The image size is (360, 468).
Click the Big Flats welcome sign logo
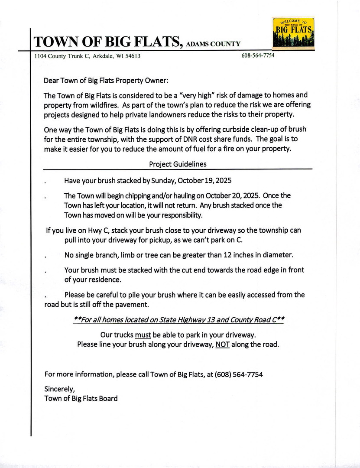pos(293,33)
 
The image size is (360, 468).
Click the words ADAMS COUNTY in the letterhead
pos(213,44)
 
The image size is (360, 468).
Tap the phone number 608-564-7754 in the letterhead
pos(258,56)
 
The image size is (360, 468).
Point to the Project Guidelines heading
pos(178,164)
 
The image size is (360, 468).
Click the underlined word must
pos(143,335)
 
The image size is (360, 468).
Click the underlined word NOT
pos(223,344)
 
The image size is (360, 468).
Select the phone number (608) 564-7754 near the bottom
pos(238,374)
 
